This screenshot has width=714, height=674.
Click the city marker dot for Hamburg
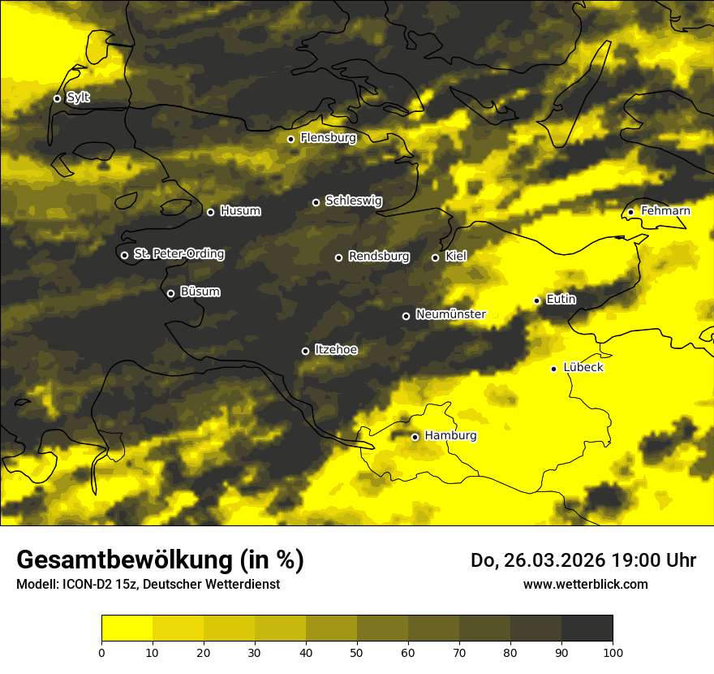click(x=415, y=437)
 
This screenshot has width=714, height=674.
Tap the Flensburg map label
click(x=328, y=138)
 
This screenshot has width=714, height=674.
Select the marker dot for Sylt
click(x=57, y=98)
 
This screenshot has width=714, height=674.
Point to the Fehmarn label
click(x=665, y=211)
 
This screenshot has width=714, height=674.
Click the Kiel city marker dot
click(x=435, y=257)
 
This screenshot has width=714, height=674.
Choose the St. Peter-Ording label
click(x=178, y=254)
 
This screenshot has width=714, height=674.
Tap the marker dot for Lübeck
click(x=553, y=369)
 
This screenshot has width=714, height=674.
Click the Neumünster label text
click(x=450, y=314)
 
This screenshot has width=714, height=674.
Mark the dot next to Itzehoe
click(x=305, y=351)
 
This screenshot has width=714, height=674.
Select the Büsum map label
click(x=200, y=292)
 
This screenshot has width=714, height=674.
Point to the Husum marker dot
click(x=210, y=212)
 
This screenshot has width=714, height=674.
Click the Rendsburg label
click(x=378, y=257)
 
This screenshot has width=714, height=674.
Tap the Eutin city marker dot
click(x=536, y=300)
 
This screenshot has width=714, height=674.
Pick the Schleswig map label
click(x=353, y=201)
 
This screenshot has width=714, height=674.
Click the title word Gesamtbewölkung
click(x=122, y=560)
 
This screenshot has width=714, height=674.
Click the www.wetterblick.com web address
click(x=585, y=584)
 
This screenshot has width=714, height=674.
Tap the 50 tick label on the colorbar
click(x=357, y=652)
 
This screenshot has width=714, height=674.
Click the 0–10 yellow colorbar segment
click(x=127, y=629)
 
